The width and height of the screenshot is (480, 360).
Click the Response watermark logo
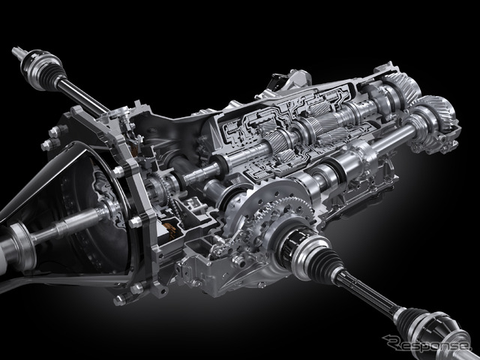click(426, 344)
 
